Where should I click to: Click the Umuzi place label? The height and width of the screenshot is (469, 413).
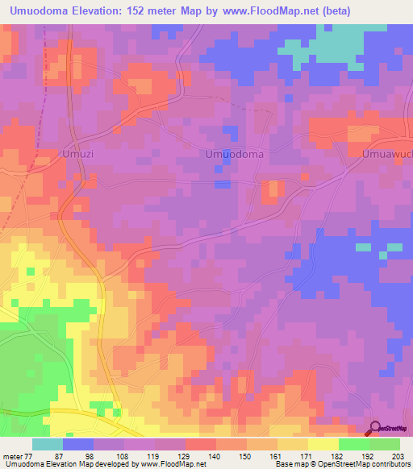(77, 153)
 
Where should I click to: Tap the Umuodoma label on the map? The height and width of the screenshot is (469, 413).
(235, 153)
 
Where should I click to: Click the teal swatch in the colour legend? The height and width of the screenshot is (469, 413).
(48, 444)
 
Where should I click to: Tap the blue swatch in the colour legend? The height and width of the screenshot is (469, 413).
(78, 444)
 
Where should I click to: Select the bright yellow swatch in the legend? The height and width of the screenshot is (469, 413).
(323, 444)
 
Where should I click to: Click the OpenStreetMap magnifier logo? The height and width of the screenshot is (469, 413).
(374, 429)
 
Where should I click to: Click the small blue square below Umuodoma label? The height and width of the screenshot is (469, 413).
(220, 185)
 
